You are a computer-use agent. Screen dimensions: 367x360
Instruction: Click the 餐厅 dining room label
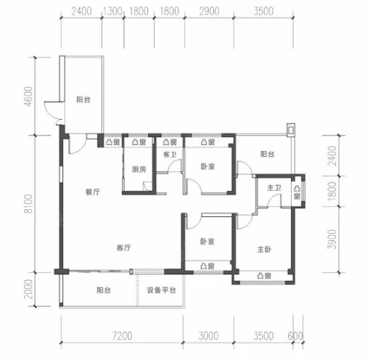click(x=93, y=192)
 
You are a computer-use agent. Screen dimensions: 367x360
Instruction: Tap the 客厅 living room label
click(x=123, y=247)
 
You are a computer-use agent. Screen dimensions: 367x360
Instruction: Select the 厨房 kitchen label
click(x=139, y=169)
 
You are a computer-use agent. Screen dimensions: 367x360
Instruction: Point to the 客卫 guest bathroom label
click(x=170, y=155)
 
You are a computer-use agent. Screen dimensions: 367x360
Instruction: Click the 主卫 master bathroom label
click(x=274, y=187)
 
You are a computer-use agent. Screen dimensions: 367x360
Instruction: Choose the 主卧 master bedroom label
click(x=264, y=249)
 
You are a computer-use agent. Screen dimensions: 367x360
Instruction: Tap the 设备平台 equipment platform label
click(x=161, y=290)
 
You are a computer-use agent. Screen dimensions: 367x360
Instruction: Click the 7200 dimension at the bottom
click(x=123, y=336)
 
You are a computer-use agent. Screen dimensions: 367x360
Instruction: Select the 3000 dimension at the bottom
click(x=208, y=336)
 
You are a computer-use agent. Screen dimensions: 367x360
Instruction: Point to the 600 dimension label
click(x=295, y=336)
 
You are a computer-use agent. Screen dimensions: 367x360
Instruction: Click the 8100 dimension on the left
click(x=28, y=203)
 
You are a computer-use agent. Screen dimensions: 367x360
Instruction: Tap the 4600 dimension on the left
click(x=28, y=97)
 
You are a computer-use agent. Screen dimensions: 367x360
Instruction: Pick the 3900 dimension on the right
click(x=332, y=240)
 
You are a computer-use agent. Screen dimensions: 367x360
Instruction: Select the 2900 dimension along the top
click(x=210, y=11)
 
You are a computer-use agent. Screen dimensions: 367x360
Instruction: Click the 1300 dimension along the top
click(x=112, y=11)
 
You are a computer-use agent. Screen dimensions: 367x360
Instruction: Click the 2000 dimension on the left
click(x=28, y=289)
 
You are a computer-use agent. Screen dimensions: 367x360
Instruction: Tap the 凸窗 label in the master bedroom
click(x=264, y=276)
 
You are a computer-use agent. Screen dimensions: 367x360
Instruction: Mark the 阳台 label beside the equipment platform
click(x=104, y=290)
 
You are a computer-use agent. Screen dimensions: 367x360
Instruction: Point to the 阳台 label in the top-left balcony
click(x=83, y=99)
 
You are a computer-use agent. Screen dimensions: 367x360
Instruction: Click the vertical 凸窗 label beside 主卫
click(x=297, y=192)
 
